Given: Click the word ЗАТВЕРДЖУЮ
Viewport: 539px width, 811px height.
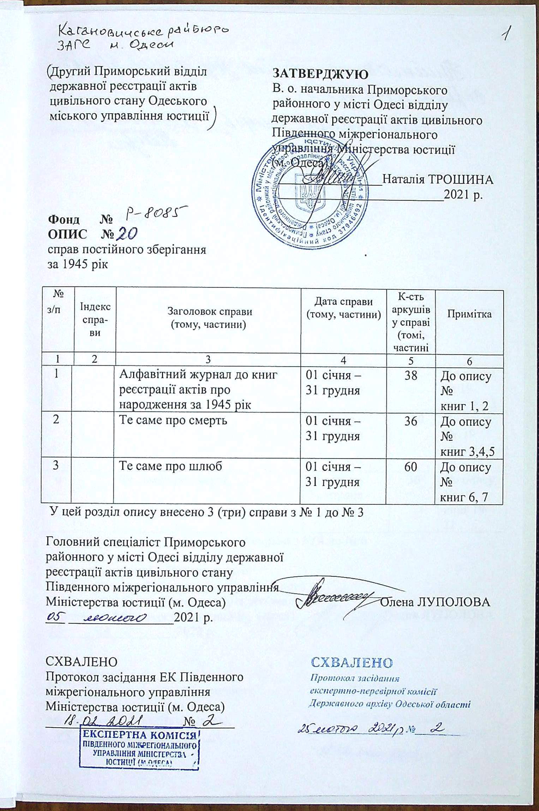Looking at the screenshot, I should [321, 74].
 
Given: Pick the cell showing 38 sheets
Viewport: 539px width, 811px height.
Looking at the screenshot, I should [411, 375].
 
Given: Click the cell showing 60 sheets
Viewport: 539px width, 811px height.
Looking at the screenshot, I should [411, 467].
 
